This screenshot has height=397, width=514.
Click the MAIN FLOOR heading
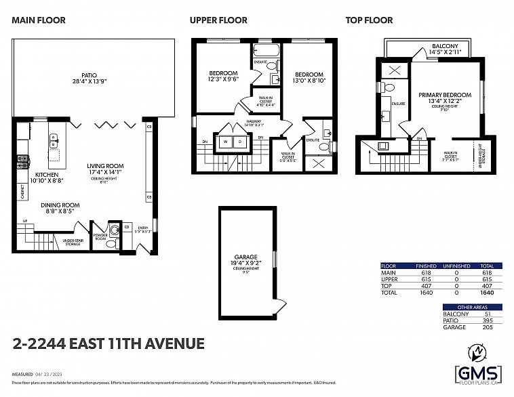39,20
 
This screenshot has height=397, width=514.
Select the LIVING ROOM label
104,166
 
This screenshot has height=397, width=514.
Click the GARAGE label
245,257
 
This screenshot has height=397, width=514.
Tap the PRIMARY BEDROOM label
444,96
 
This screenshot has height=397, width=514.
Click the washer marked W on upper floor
225,142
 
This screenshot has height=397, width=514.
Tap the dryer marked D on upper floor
239,142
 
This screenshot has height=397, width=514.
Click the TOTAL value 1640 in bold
486,292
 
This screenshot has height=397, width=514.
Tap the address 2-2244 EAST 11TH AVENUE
108,343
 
